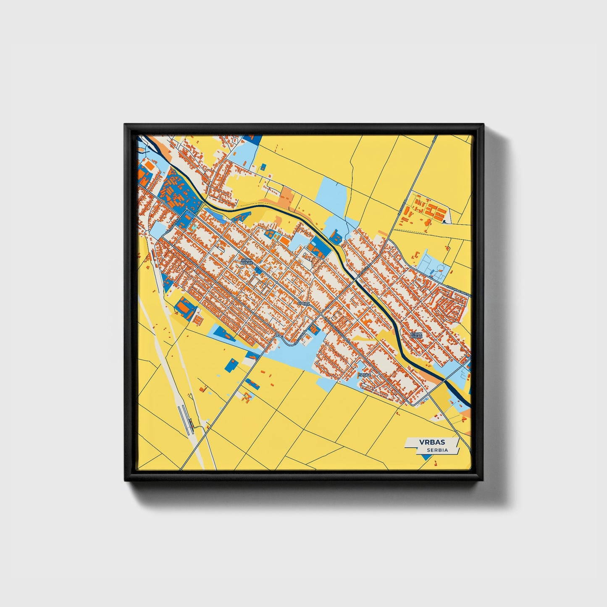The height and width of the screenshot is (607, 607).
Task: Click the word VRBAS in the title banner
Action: pos(432,442)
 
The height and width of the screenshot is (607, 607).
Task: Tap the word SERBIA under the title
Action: pos(437,450)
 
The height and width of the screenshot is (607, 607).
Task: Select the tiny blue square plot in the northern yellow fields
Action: pos(263,167)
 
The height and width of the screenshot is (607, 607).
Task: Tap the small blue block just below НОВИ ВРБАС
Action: pos(258,271)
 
